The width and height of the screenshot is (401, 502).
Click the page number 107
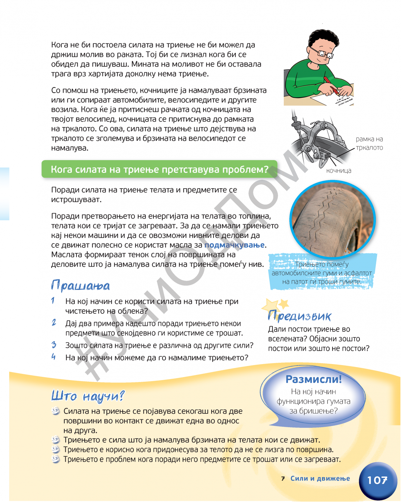(377, 480)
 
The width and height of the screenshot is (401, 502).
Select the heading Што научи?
(88, 396)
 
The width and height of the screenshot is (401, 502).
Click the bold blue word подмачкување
(234, 245)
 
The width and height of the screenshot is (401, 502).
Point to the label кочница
(339, 171)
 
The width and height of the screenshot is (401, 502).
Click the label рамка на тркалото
(369, 143)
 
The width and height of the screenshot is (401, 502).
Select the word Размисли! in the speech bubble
(313, 379)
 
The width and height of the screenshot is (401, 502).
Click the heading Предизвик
(299, 316)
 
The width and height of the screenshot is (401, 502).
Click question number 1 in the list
(53, 301)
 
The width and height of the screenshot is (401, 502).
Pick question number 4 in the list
(53, 357)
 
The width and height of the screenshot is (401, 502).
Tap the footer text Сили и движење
(320, 478)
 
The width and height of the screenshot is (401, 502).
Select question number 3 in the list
(54, 345)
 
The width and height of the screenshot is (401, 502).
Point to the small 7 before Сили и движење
(283, 479)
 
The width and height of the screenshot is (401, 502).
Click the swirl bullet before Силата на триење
(56, 411)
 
